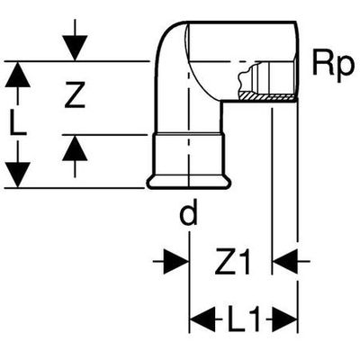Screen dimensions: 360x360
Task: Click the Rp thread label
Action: click(333, 67)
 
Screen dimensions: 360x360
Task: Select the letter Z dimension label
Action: click(75, 95)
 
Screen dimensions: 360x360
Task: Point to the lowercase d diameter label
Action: click(188, 212)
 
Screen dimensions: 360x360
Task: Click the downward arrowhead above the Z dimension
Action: click(75, 48)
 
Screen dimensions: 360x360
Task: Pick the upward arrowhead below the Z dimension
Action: click(75, 148)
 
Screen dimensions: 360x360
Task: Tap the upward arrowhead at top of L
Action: click(18, 74)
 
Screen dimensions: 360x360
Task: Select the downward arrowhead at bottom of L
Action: click(18, 175)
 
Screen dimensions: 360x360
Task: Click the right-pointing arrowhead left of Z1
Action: click(176, 262)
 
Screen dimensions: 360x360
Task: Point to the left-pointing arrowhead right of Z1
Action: click(285, 262)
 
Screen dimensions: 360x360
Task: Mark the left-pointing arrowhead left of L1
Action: click(202, 319)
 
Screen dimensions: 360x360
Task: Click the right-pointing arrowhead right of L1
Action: click(284, 319)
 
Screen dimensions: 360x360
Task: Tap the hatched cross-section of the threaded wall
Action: click(265, 96)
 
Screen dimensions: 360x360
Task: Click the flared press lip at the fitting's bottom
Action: click(189, 183)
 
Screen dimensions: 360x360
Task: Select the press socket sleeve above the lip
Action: click(189, 155)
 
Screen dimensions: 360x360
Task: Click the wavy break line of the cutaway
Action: click(242, 80)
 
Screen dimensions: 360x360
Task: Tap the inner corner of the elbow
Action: click(221, 101)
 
